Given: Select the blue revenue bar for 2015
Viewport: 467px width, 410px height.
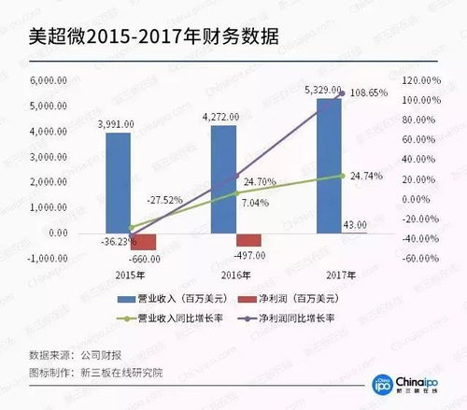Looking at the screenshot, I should (x=118, y=182).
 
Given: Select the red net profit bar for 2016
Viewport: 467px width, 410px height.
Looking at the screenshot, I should (x=249, y=240).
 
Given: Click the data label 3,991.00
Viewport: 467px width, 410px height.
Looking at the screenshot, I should (x=117, y=123).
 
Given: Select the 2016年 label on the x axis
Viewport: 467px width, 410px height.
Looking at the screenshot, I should (x=236, y=276).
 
